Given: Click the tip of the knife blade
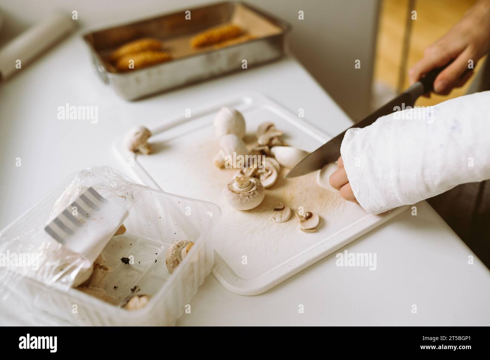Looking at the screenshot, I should [x=286, y=176].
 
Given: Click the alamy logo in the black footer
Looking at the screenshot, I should [x=38, y=343].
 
